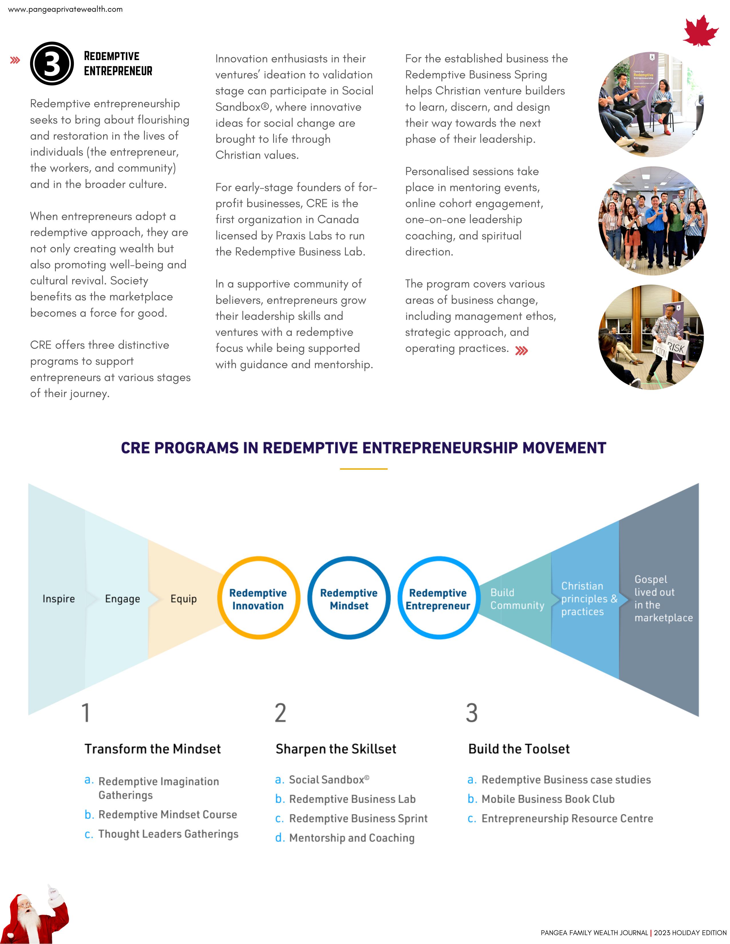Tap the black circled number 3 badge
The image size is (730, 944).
[x=52, y=64]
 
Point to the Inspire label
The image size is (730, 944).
[x=58, y=599]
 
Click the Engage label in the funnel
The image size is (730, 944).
[x=123, y=599]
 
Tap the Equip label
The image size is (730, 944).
[x=184, y=599]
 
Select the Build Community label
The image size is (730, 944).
[x=517, y=599]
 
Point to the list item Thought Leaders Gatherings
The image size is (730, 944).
[x=168, y=834]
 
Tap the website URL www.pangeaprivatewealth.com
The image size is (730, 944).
[x=65, y=9]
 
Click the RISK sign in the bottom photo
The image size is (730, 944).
[x=675, y=347]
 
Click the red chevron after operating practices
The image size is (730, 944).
[x=522, y=350]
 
